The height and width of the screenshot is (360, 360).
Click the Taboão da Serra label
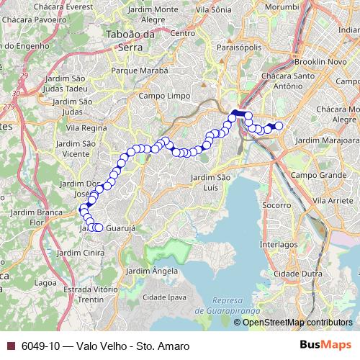click(x=130, y=39)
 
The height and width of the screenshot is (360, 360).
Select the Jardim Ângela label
click(x=151, y=271)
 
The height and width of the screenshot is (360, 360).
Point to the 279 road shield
click(x=9, y=107)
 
